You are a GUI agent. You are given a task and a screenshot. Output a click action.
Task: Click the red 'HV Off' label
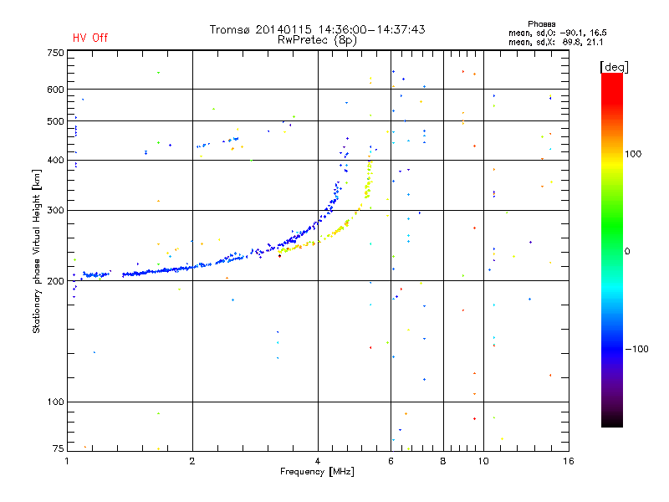coord(90,38)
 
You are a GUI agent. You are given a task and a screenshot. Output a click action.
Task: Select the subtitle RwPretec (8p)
coord(318,39)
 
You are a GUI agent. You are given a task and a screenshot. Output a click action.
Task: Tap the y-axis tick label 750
coord(56,53)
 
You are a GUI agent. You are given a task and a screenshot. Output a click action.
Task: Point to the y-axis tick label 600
coord(56,89)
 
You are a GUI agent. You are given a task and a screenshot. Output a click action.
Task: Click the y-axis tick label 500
coord(56,120)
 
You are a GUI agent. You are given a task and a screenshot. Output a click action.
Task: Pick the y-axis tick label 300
coord(56,210)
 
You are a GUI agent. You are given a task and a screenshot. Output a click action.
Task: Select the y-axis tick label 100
coord(56,402)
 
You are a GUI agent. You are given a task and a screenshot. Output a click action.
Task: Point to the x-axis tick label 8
coord(443,461)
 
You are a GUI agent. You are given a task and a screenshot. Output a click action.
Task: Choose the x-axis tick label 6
coord(391,461)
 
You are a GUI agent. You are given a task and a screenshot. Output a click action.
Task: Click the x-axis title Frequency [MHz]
coord(317,472)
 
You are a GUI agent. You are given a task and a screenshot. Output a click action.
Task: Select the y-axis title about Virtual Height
coord(37,251)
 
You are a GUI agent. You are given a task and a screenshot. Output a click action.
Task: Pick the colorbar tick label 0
coord(629,251)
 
